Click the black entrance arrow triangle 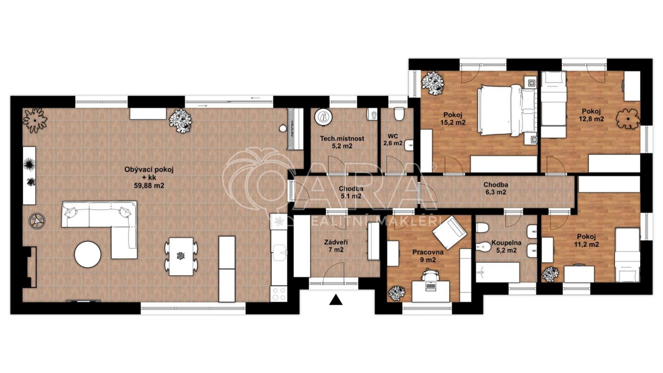[336, 300]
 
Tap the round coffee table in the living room [88, 255]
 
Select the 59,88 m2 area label [149, 185]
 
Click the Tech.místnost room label [342, 139]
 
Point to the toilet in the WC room [399, 114]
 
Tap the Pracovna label [428, 253]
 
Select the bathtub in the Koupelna [498, 272]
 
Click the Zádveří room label [336, 242]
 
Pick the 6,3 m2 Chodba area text [496, 192]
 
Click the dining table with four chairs [181, 256]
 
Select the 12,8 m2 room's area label [591, 119]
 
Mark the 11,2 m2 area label [587, 244]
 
